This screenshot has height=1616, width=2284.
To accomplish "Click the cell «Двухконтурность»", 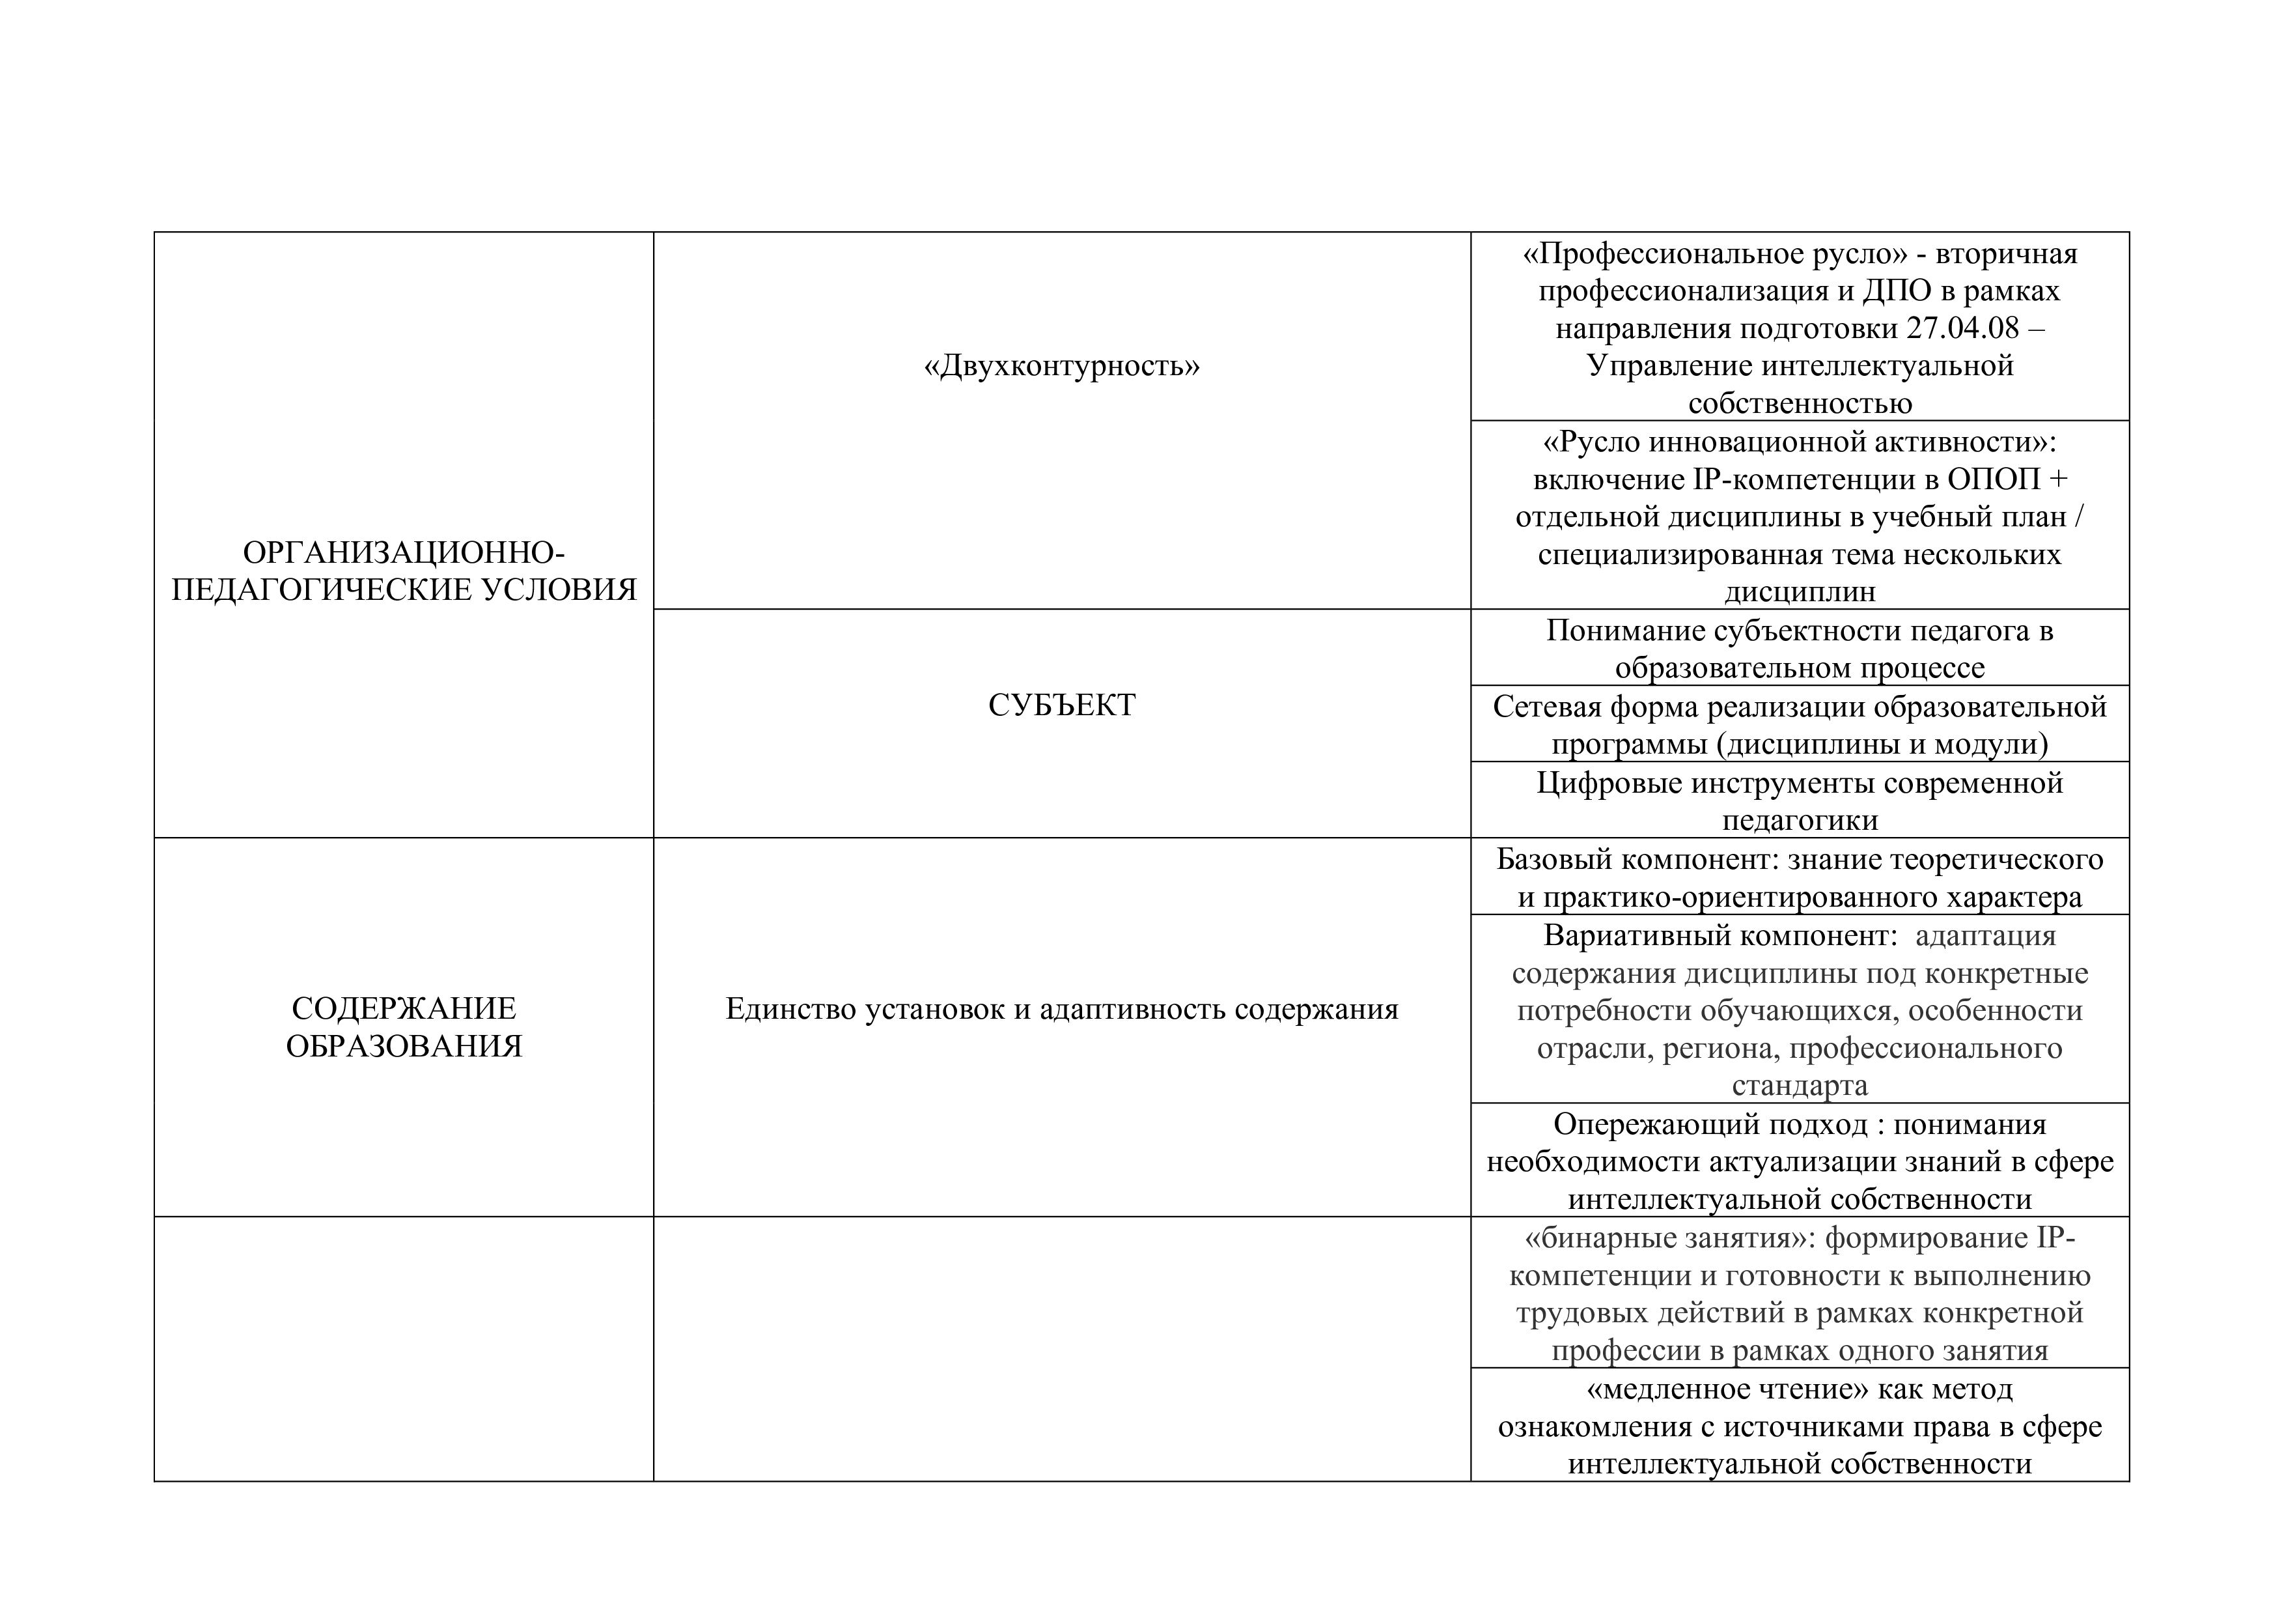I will [1061, 366].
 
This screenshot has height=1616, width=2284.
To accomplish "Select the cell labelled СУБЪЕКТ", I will [1061, 705].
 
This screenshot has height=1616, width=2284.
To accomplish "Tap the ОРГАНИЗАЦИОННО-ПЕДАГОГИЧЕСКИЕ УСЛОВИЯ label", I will [404, 571].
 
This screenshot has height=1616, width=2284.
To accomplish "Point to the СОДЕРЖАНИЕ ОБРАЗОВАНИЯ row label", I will [404, 1027].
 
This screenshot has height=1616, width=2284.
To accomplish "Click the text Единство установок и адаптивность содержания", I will [1061, 1009].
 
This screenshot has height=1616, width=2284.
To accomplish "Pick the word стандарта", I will [1800, 1084].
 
